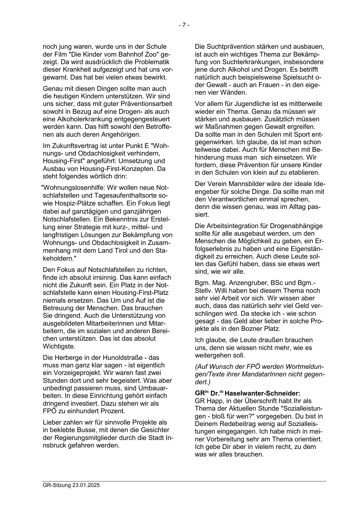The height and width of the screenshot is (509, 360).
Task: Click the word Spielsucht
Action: [299, 77]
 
